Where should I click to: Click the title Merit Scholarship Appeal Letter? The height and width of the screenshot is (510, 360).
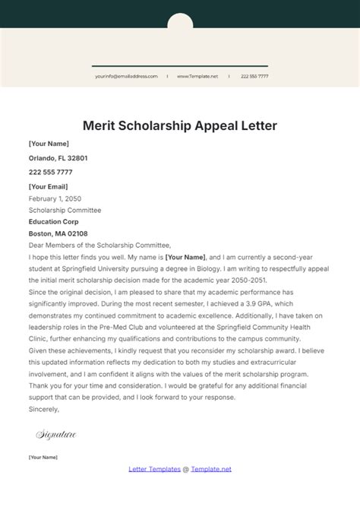[180, 125]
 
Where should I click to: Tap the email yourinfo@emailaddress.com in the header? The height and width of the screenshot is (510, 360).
[126, 77]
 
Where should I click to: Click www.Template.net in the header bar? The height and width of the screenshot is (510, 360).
[197, 77]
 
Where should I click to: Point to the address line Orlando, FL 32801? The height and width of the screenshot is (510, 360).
[58, 158]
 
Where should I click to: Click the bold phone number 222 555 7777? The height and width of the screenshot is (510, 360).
[51, 173]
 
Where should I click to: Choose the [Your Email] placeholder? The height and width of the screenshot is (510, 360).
[48, 187]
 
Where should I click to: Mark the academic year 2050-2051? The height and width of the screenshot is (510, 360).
[235, 280]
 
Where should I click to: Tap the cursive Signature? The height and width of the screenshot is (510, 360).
[56, 434]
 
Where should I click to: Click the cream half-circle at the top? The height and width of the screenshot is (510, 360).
[180, 21]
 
